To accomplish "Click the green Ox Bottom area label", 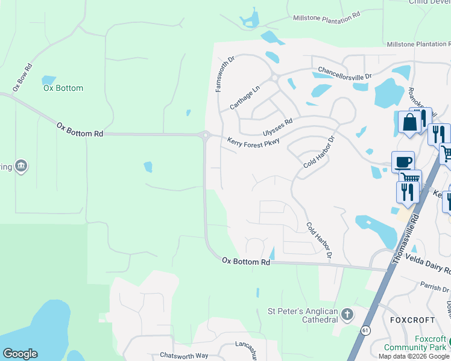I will point(63,88).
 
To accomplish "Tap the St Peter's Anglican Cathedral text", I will point(303,315).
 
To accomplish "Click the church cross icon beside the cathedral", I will point(347,314).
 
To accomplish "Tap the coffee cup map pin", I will point(403,162).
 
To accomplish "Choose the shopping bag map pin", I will point(409,122).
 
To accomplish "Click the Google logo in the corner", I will point(20,354).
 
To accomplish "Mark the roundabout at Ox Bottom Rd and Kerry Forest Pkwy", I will point(206,135).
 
